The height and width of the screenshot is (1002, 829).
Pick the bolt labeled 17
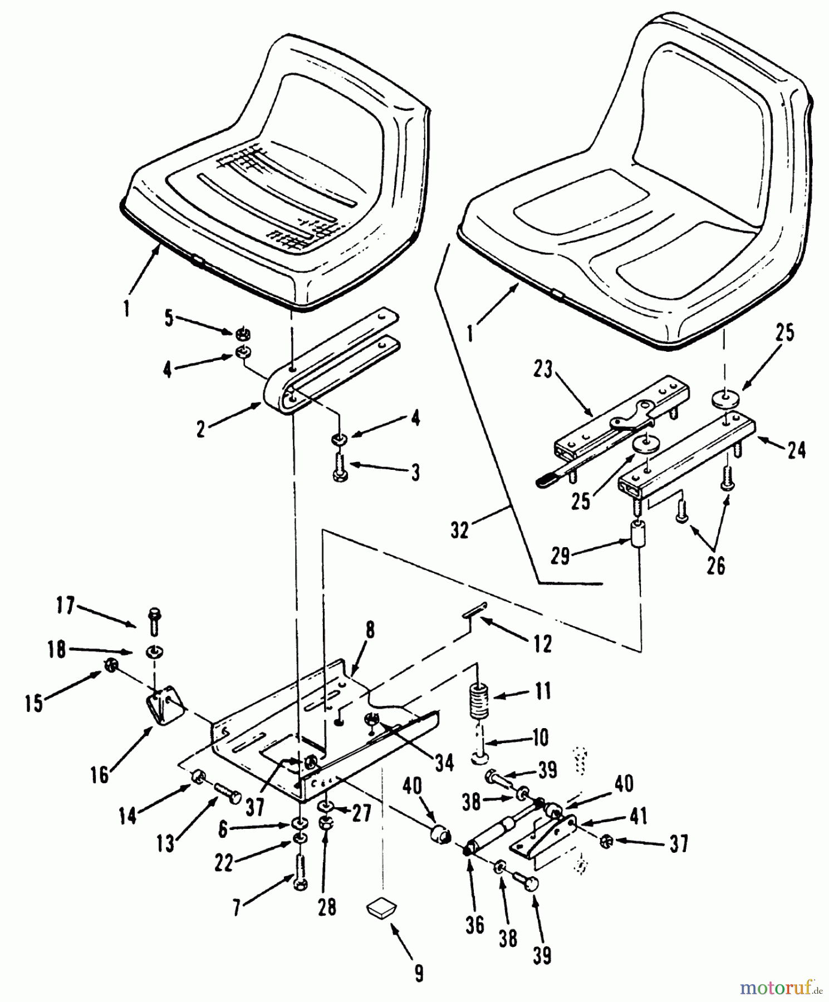(154, 622)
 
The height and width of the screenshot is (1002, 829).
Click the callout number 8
(370, 631)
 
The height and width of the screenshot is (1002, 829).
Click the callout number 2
(200, 429)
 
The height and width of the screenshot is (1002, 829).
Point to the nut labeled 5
(243, 333)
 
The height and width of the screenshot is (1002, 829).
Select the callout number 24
(796, 449)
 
